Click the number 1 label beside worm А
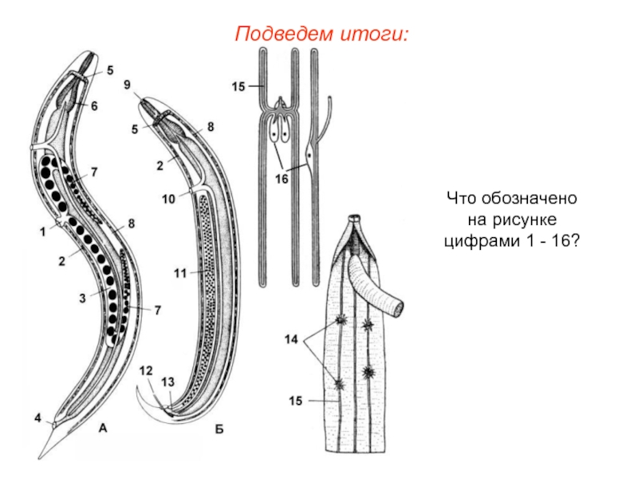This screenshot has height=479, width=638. tap(41, 232)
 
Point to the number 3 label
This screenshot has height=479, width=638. tap(81, 298)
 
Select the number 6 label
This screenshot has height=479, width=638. tap(94, 105)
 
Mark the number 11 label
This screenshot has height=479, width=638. tap(179, 273)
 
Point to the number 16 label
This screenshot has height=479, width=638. tap(282, 179)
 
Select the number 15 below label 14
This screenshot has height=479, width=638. tap(295, 402)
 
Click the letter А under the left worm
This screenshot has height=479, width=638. tap(102, 430)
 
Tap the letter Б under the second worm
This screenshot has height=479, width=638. tap(219, 430)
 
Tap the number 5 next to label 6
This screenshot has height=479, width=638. tap(110, 69)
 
